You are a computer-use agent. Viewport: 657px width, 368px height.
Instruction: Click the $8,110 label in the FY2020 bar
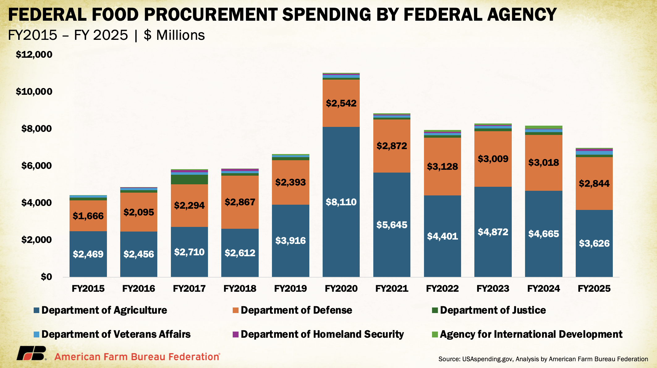(x=341, y=202)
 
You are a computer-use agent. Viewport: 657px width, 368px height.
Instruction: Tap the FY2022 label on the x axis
(x=442, y=288)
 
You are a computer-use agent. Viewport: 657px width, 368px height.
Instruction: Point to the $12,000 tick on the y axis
(x=34, y=55)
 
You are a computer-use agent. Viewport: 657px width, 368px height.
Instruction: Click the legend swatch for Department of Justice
(x=435, y=310)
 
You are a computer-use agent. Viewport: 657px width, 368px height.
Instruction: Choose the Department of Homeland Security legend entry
(x=322, y=334)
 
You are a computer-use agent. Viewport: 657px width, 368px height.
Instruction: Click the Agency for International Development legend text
(x=531, y=334)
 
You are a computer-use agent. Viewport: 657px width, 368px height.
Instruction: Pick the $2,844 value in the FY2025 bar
(x=594, y=183)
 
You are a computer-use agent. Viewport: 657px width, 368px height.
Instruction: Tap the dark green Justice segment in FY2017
(x=189, y=179)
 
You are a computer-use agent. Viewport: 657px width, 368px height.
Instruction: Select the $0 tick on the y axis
(x=46, y=277)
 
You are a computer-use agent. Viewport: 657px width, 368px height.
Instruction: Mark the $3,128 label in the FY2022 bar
(x=442, y=166)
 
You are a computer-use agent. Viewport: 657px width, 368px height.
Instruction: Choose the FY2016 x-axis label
(x=138, y=288)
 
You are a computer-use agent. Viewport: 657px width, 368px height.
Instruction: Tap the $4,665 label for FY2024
(x=544, y=234)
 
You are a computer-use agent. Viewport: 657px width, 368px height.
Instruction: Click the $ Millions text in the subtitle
(x=174, y=35)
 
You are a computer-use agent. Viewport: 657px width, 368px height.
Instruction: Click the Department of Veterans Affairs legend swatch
(x=36, y=334)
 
